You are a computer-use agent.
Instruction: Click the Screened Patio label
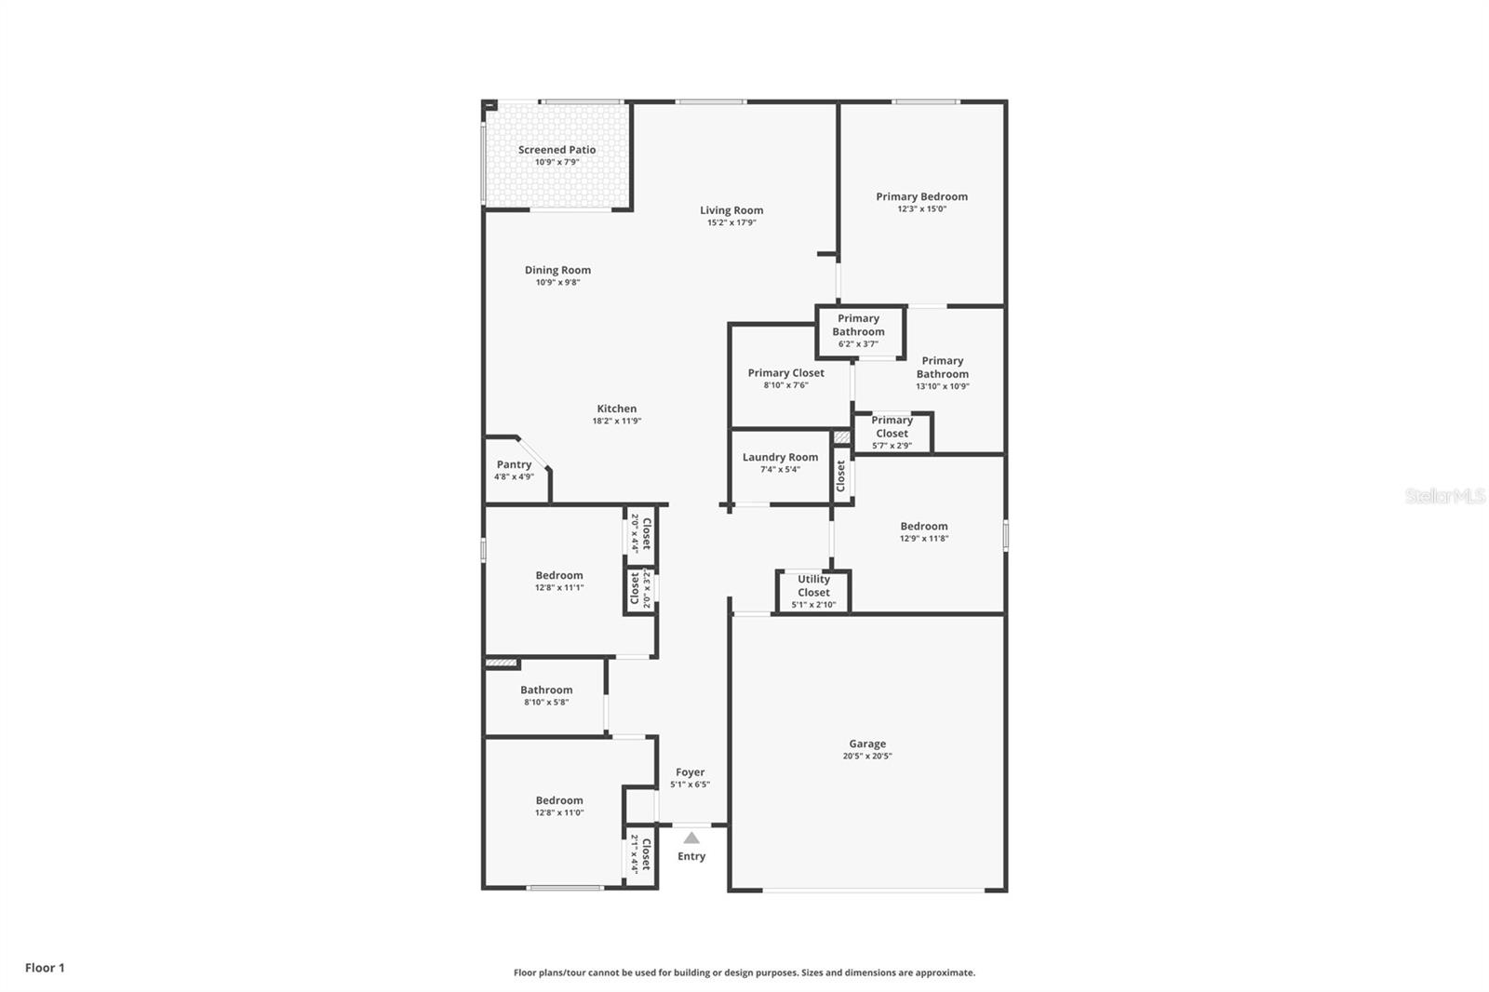point(557,150)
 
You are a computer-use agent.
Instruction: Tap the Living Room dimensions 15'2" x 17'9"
point(731,223)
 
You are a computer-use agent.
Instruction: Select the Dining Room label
point(557,271)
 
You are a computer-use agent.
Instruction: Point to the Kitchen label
point(617,409)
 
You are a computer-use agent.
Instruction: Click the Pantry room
point(514,470)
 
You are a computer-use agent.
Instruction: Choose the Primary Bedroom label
point(921,197)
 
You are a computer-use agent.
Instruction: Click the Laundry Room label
point(780,458)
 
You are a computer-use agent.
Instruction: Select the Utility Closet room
point(813,591)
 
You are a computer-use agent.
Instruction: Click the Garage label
point(866,744)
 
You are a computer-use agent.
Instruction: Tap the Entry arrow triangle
point(691,838)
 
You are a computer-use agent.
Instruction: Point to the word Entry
point(691,857)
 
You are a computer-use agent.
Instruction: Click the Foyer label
point(690,772)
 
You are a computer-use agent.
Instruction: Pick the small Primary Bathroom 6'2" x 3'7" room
point(858,330)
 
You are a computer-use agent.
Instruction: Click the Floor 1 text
point(45,968)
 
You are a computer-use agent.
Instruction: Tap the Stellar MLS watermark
point(1444,496)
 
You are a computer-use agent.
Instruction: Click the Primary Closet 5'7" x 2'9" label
point(892,433)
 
